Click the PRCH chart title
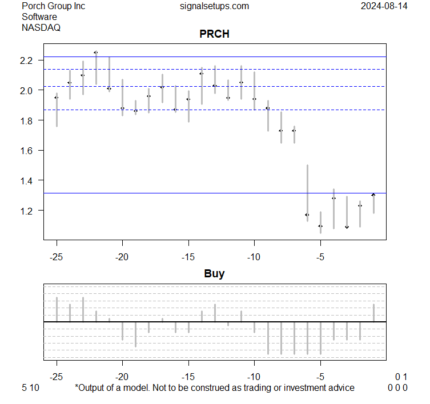pos(214,34)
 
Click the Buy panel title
pos(214,273)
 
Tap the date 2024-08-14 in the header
pos(384,6)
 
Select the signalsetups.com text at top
pos(214,6)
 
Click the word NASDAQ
pos(41,27)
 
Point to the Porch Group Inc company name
pos(53,6)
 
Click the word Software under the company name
pos(40,17)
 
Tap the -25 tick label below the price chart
pos(57,256)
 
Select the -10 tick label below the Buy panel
pos(254,377)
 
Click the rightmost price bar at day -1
pos(373,204)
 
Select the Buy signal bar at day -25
pos(57,309)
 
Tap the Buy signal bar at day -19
pos(135,334)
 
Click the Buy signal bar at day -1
pos(373,313)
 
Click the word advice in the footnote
pos(341,388)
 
